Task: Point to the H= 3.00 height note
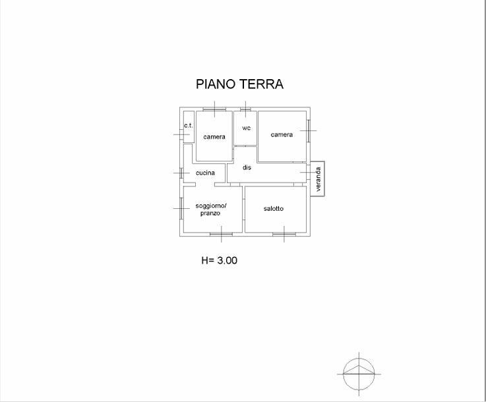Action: pyautogui.click(x=220, y=260)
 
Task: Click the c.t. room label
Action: pyautogui.click(x=189, y=125)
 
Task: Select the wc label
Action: pyautogui.click(x=246, y=128)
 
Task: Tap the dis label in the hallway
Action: pyautogui.click(x=247, y=167)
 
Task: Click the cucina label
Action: pyautogui.click(x=205, y=173)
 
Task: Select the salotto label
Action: pyautogui.click(x=274, y=208)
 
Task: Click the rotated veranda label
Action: pyautogui.click(x=318, y=179)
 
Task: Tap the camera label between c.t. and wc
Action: pyautogui.click(x=214, y=136)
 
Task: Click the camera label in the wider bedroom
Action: pyautogui.click(x=282, y=134)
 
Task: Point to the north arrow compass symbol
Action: pyautogui.click(x=359, y=374)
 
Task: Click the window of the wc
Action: pyautogui.click(x=245, y=109)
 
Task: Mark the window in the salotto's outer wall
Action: pyautogui.click(x=284, y=234)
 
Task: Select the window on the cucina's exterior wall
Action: pyautogui.click(x=181, y=173)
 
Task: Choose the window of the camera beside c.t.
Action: pyautogui.click(x=214, y=109)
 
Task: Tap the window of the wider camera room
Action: pyautogui.click(x=309, y=130)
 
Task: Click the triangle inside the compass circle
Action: pyautogui.click(x=359, y=370)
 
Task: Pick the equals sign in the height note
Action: pyautogui.click(x=212, y=261)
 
